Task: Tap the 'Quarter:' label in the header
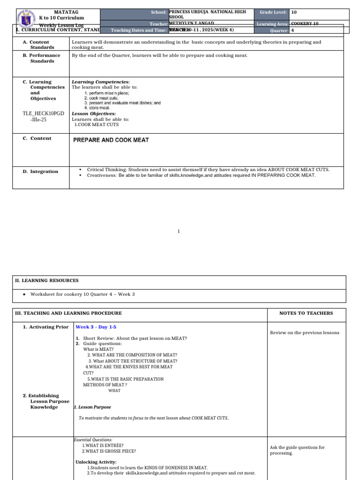280,30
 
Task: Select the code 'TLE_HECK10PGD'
43,113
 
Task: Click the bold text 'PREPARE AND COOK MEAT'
111,140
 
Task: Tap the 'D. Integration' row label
41,172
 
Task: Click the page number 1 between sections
179,231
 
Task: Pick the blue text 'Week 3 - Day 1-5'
96,327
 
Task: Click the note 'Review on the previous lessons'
304,333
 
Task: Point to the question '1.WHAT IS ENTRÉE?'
103,445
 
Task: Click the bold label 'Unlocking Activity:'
96,462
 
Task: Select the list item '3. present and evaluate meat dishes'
122,103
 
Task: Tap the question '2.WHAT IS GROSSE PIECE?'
109,451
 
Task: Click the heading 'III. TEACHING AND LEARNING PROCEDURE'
68,313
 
